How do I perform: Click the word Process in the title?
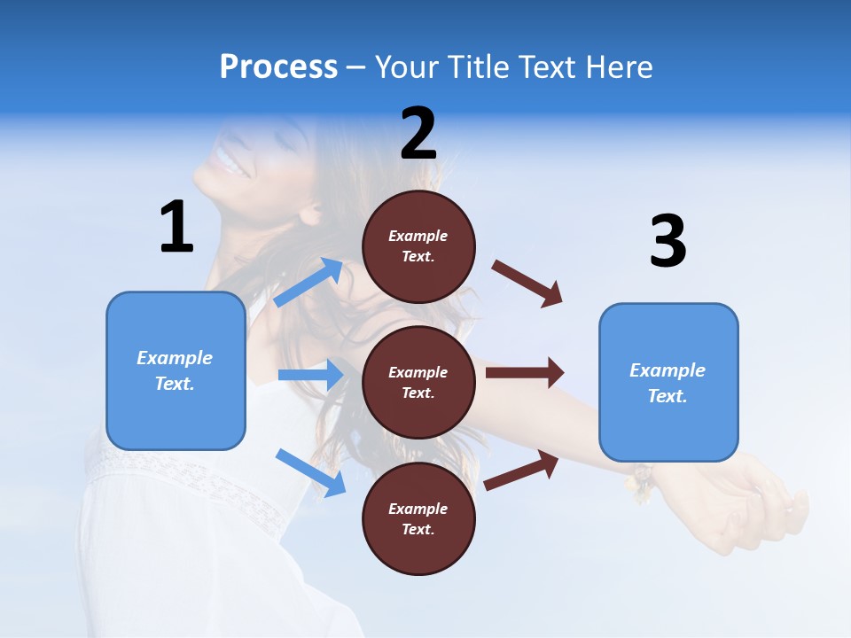point(278,67)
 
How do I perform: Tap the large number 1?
point(176,228)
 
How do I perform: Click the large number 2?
point(418,134)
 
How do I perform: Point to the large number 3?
point(668,242)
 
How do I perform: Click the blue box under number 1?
point(176,370)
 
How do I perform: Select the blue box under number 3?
point(668,383)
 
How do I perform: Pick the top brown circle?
point(418,246)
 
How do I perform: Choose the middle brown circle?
point(418,382)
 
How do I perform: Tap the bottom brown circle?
point(418,518)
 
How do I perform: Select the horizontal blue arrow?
point(310,375)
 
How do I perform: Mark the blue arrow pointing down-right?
point(310,471)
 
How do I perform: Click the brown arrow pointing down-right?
point(527,283)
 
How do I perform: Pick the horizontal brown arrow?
point(525,372)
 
